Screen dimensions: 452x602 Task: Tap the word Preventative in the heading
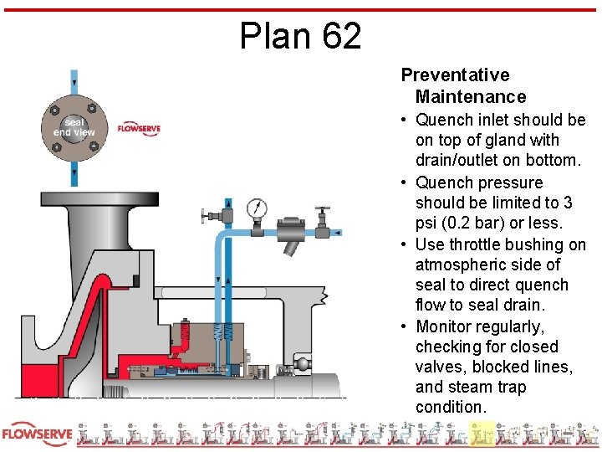pyautogui.click(x=455, y=75)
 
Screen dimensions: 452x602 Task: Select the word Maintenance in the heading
pyautogui.click(x=471, y=97)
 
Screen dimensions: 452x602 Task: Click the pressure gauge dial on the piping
pyautogui.click(x=257, y=207)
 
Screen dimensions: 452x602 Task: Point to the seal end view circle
pyautogui.click(x=74, y=127)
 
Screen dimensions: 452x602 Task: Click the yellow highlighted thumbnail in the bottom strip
pyautogui.click(x=482, y=434)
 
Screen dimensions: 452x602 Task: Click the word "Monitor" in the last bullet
pyautogui.click(x=447, y=326)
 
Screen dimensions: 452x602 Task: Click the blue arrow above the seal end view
pyautogui.click(x=74, y=82)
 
